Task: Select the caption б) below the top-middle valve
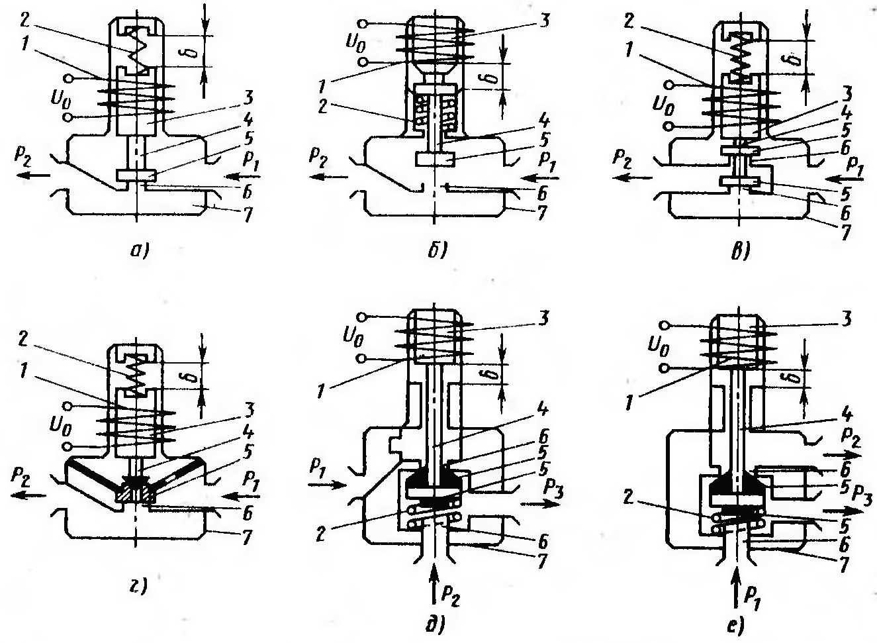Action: coord(437,250)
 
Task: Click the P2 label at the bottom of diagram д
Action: coord(450,597)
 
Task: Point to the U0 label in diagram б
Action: coord(355,44)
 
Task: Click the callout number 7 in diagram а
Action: coord(248,215)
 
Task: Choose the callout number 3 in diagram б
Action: coord(543,21)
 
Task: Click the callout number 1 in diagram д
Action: coord(322,391)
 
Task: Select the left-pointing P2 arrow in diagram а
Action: coord(34,175)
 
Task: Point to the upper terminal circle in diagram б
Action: coord(363,23)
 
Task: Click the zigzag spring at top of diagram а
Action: coord(138,49)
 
